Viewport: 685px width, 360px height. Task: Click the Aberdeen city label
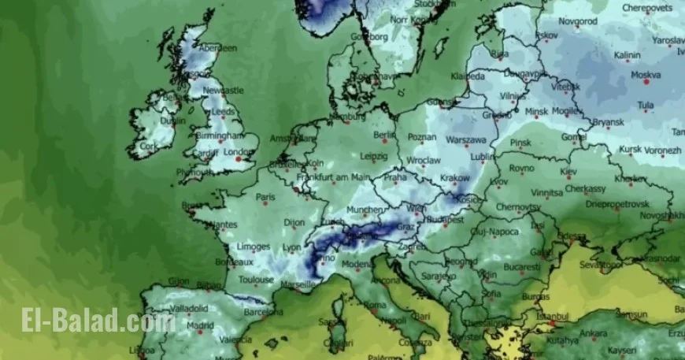coord(218,48)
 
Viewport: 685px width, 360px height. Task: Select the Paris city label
coord(265,197)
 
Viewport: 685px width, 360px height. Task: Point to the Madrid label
coord(201,325)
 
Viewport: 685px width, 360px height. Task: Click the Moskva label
coord(646,75)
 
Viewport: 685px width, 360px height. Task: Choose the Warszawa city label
coord(466,140)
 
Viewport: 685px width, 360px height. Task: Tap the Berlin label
coord(384,135)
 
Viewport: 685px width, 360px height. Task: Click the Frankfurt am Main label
coord(335,177)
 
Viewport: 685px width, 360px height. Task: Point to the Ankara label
coord(593,332)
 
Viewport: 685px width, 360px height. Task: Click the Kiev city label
coord(568,171)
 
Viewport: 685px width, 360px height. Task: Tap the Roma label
coord(375,305)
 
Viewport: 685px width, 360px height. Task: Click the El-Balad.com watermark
coord(98,321)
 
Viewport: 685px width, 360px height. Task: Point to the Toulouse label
coord(257,280)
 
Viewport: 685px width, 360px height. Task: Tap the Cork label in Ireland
coord(147,147)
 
